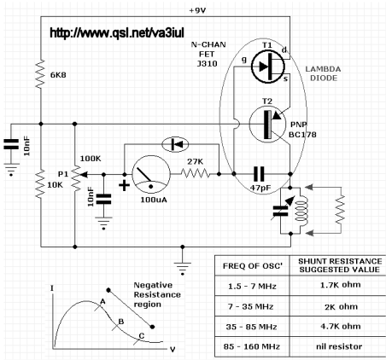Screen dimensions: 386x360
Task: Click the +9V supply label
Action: [197, 10]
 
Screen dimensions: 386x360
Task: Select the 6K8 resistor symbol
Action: [41, 73]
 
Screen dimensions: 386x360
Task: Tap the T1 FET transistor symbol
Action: [267, 67]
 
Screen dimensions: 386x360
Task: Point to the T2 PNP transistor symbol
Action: [267, 125]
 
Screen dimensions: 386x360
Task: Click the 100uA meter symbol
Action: [151, 174]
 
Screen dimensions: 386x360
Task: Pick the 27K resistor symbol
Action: [196, 173]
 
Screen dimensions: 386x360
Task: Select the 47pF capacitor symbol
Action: [259, 174]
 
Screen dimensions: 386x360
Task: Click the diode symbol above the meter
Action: [175, 145]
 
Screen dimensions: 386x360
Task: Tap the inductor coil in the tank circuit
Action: [301, 211]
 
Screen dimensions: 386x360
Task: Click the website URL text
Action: [117, 32]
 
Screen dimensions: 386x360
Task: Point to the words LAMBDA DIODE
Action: [323, 73]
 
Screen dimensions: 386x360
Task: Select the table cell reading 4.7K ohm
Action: [341, 326]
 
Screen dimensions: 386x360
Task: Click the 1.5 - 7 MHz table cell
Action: [252, 286]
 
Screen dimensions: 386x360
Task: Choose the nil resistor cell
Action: [339, 346]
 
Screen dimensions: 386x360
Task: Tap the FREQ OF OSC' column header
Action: [252, 265]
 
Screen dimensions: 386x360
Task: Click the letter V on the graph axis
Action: [173, 350]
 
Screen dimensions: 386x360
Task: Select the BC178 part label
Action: [302, 135]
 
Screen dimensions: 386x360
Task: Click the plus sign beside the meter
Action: [124, 186]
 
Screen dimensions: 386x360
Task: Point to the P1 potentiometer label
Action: [63, 174]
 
